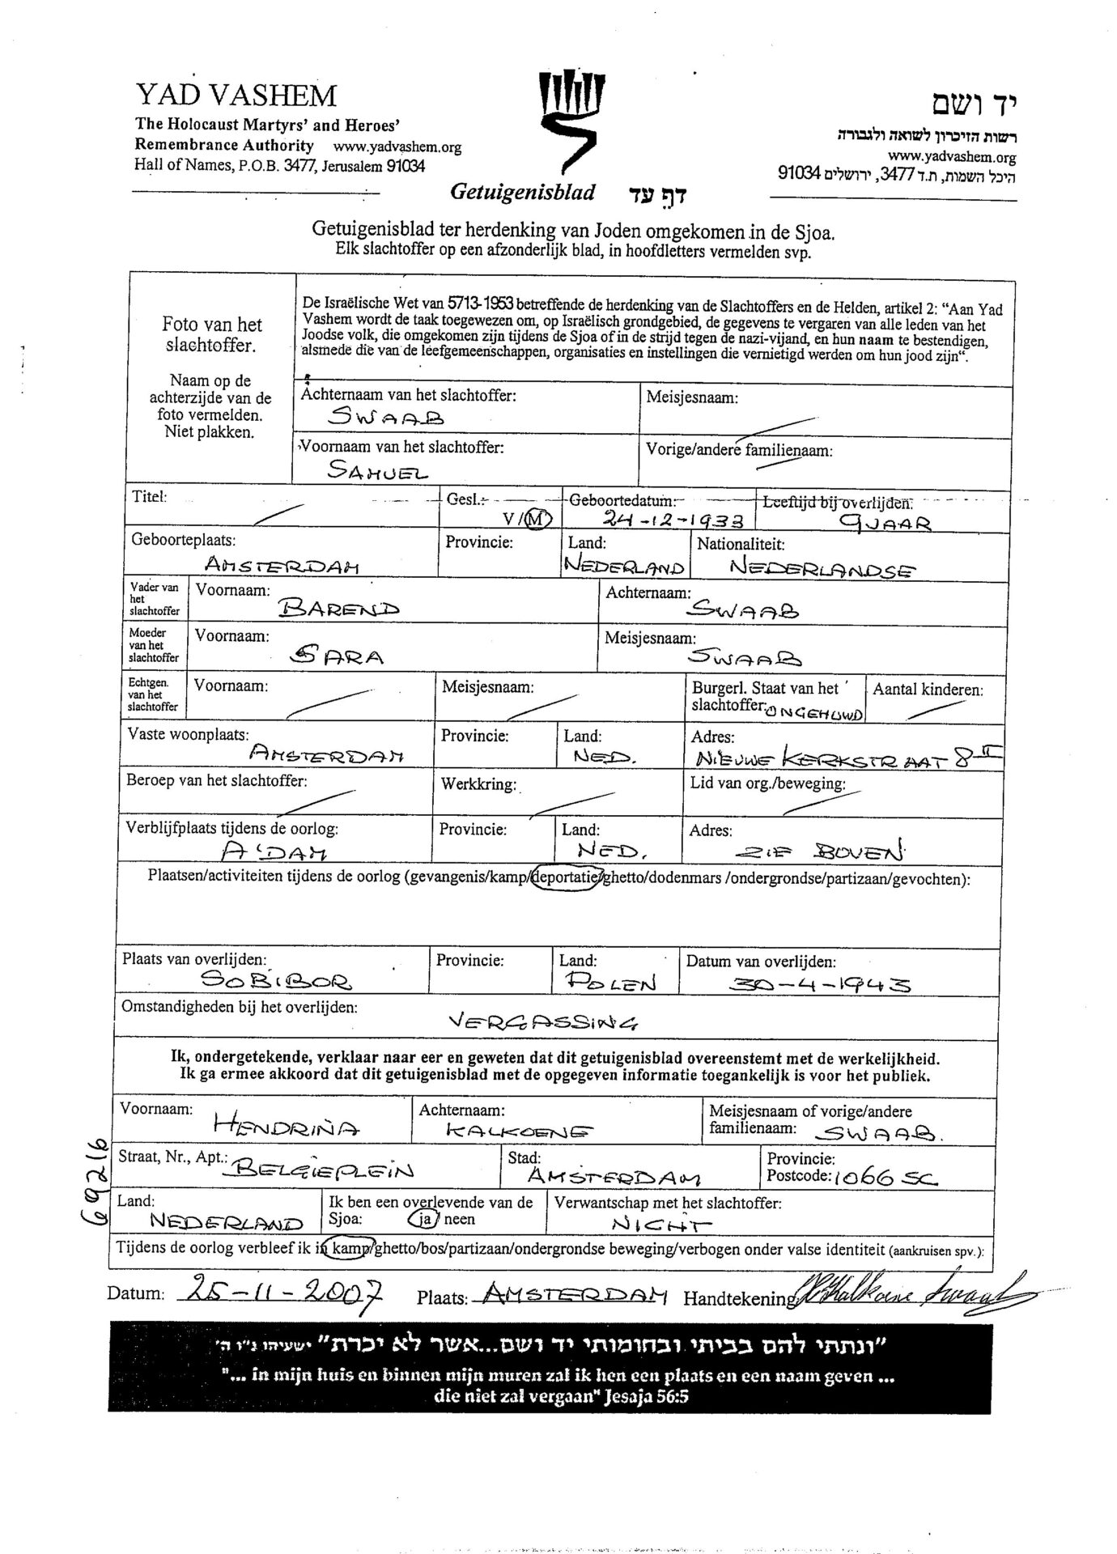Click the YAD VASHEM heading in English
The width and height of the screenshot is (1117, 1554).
[236, 96]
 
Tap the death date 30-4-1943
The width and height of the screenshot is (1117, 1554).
[820, 983]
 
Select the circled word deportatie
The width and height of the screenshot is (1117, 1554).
[566, 878]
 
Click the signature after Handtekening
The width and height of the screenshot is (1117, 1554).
[910, 1290]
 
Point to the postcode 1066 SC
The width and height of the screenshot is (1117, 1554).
[886, 1178]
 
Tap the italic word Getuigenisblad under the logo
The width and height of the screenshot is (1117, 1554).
[522, 192]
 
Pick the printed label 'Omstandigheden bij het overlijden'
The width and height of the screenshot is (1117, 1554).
[239, 1008]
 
